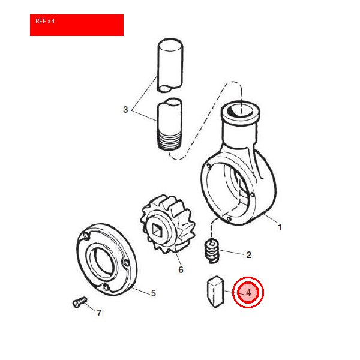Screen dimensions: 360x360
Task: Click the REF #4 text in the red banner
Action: coord(45,21)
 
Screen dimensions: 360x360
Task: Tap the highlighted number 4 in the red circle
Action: coord(248,293)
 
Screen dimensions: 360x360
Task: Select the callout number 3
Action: coord(125,110)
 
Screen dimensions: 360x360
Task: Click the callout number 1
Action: coord(280,227)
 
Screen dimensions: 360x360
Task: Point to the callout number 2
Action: coord(248,255)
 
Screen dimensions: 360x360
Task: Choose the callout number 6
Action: coord(181,270)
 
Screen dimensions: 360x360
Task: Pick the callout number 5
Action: coord(154,293)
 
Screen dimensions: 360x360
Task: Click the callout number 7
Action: coord(99,313)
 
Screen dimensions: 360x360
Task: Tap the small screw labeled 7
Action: coord(80,302)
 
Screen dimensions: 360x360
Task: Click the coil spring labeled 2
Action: coord(211,251)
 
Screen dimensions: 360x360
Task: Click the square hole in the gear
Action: coord(157,230)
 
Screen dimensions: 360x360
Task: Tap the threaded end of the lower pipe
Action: coord(170,140)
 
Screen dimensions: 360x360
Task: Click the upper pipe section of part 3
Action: coord(170,65)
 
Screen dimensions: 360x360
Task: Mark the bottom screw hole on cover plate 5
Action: coord(106,287)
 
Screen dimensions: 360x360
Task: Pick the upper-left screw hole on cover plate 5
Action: coord(86,235)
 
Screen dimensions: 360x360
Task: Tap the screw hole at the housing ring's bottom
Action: coord(229,219)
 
